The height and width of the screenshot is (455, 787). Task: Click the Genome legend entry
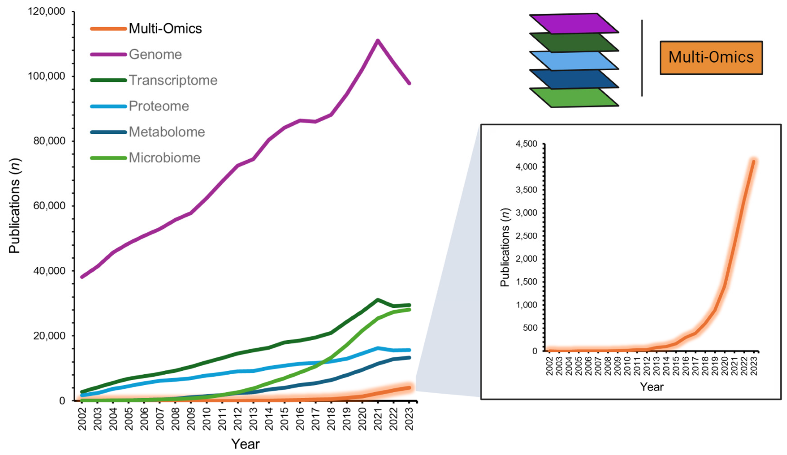[x=155, y=55]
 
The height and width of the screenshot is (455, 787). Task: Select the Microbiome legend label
[x=164, y=158]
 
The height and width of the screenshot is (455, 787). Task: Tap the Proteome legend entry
[x=159, y=106]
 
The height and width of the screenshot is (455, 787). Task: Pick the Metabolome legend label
[x=167, y=132]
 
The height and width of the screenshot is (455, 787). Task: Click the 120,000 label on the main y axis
[x=47, y=12]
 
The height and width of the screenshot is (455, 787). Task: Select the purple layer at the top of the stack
[x=574, y=24]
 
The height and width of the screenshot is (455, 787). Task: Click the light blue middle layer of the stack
[x=574, y=60]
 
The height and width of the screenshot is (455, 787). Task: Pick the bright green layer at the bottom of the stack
[x=574, y=98]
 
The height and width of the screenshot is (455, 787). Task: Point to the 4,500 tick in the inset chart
[x=527, y=144]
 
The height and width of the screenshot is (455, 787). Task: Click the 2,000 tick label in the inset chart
[x=527, y=259]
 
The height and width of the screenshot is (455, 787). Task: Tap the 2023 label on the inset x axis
[x=754, y=366]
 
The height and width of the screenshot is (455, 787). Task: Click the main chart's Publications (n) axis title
[x=14, y=206]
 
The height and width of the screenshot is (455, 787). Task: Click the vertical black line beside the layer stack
[x=642, y=58]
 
